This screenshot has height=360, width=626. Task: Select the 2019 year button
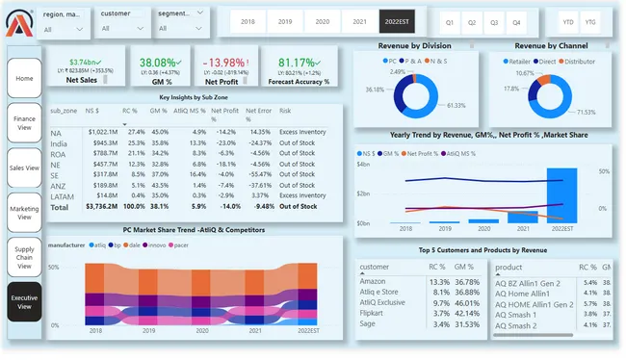(285, 20)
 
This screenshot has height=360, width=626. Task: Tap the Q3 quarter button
(494, 21)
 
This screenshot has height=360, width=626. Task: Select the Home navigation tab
(24, 78)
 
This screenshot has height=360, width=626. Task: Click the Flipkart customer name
(374, 314)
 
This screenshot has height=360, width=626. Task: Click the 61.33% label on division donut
(456, 106)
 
